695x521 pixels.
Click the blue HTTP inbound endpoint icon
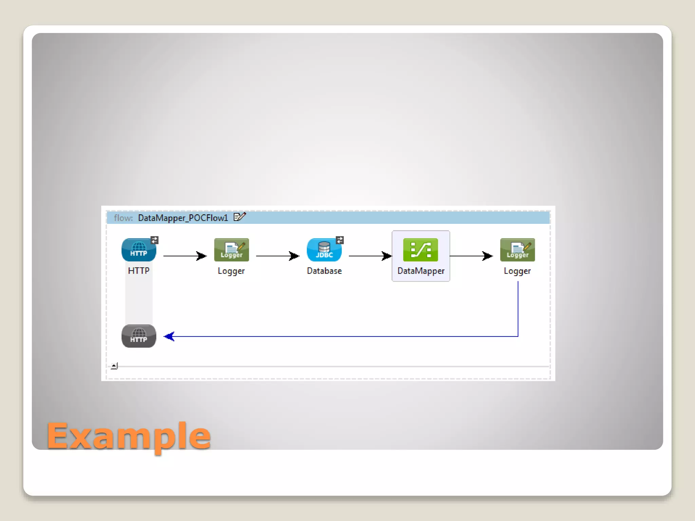pos(138,250)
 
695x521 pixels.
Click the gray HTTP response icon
pos(138,336)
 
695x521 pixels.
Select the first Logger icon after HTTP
pos(231,250)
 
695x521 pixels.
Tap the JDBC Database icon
pos(324,250)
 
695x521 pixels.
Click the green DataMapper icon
pos(420,250)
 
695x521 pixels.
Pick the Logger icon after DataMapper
pos(517,250)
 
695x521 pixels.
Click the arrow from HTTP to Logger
pos(185,256)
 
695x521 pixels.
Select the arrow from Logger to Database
pos(278,256)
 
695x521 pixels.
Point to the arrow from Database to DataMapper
pos(370,256)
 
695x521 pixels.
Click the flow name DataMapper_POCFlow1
pos(183,218)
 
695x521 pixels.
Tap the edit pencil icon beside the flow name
pos(240,217)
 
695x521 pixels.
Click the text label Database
pos(324,271)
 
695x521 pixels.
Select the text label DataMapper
pos(421,271)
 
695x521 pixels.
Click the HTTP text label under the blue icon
pos(138,271)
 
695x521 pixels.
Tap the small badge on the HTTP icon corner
pos(154,240)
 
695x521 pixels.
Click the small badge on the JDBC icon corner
pos(340,240)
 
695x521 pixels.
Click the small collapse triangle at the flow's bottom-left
pos(114,366)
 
